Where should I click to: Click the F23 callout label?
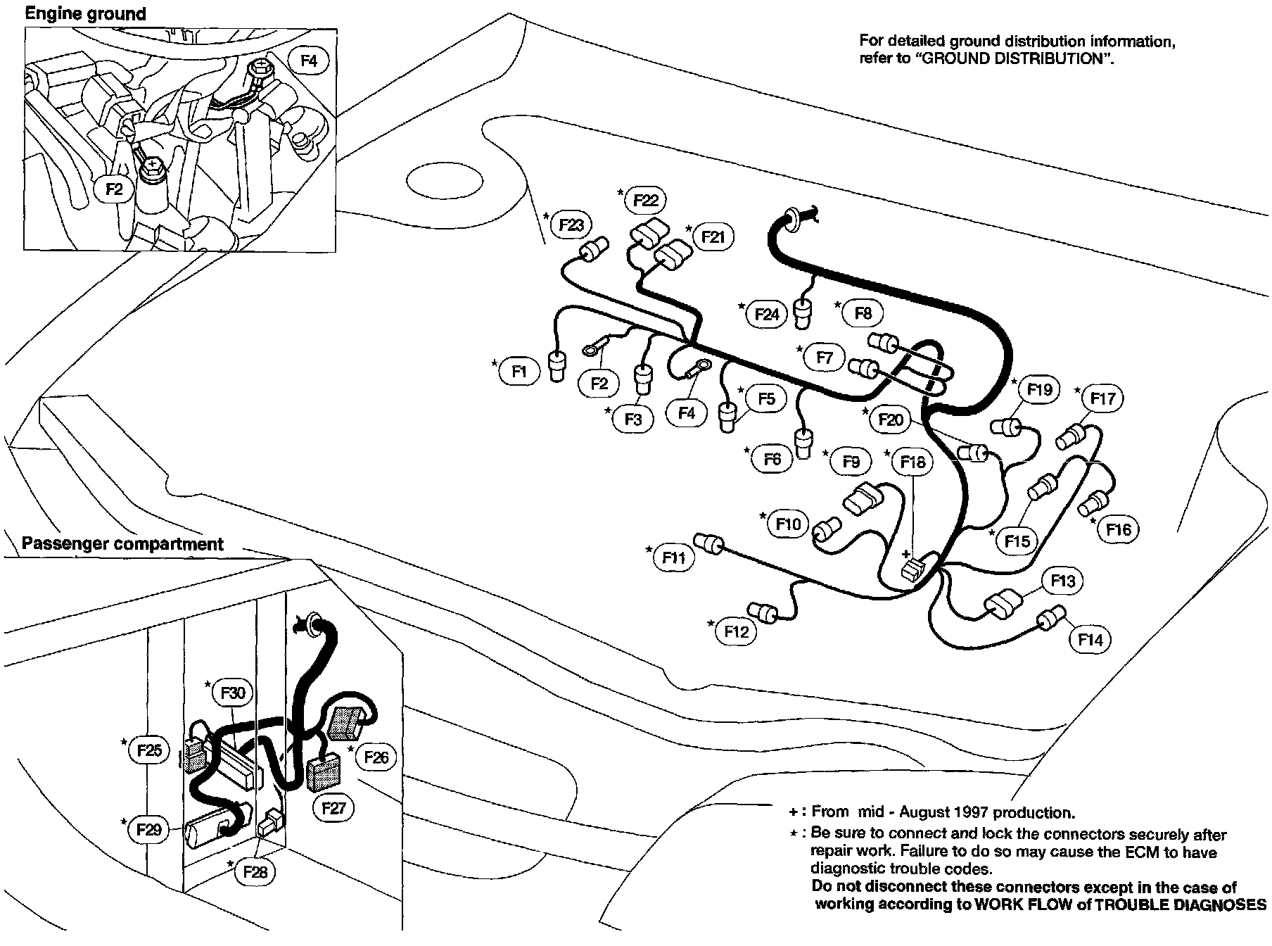[571, 225]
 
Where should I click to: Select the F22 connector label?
[645, 201]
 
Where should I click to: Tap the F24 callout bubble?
[767, 314]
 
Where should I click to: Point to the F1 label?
[519, 371]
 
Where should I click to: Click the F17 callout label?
[1102, 399]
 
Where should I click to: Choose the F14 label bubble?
[1090, 639]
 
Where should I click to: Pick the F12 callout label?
[737, 631]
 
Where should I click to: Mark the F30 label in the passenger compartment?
[232, 693]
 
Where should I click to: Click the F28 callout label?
[255, 872]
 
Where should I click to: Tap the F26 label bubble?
[376, 757]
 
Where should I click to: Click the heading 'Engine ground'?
[86, 13]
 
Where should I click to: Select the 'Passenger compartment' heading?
[122, 544]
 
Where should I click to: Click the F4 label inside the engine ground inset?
[309, 61]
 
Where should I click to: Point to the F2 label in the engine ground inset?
[113, 189]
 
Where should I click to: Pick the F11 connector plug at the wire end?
[708, 543]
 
